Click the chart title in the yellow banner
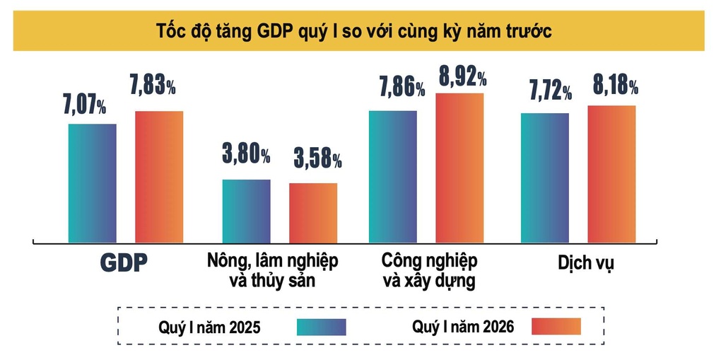coord(359,32)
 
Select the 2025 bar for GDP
coord(92,182)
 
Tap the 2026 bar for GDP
coord(159,177)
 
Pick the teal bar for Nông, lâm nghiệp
coord(246,211)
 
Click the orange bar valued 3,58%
coord(312,212)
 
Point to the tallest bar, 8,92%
coord(459,168)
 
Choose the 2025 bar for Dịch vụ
coord(544,178)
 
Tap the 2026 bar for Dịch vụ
coord(611,174)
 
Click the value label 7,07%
coord(85,106)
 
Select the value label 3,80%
coord(246,154)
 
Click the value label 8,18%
coord(615,87)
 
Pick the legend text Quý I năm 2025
coord(209,327)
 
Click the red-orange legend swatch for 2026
coord(556,326)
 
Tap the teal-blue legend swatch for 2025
coord(322,327)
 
